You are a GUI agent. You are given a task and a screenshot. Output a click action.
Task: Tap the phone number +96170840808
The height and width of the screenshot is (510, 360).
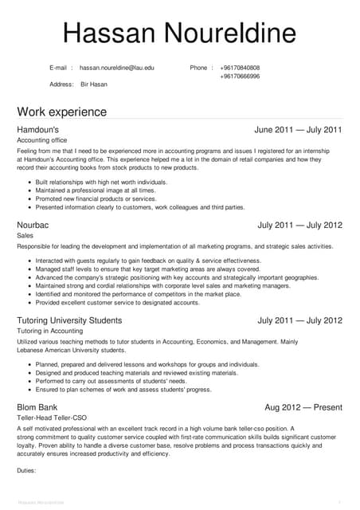click(x=240, y=68)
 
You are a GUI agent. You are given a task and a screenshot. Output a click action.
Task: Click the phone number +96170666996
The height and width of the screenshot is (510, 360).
click(x=240, y=76)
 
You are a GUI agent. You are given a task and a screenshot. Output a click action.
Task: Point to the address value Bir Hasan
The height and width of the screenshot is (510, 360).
click(x=93, y=84)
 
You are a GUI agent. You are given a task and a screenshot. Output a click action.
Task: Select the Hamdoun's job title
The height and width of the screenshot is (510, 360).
click(x=37, y=129)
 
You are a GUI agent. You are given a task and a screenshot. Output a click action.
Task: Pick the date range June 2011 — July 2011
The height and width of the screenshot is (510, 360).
click(x=298, y=129)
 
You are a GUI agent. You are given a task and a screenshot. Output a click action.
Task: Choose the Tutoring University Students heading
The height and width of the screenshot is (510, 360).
click(x=69, y=320)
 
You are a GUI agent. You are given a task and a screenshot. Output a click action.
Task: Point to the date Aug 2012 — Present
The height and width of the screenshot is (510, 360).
click(x=303, y=407)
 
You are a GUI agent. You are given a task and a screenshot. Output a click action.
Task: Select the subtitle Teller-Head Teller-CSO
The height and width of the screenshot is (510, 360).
click(x=53, y=418)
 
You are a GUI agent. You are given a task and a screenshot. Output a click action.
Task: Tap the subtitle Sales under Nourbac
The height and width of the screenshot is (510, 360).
click(x=25, y=237)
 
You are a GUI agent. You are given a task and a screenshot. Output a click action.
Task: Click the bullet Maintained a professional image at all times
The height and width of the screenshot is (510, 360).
click(x=96, y=190)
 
